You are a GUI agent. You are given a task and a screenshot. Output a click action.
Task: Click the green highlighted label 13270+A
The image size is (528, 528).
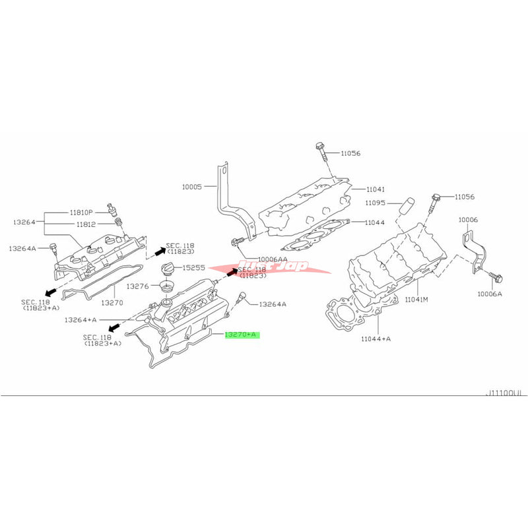coord(242,335)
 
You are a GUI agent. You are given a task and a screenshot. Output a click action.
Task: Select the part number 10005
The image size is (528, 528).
coord(193,187)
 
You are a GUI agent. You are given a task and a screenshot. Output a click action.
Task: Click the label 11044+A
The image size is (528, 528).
coord(376,339)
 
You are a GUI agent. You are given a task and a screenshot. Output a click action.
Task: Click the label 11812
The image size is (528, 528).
coord(82,224)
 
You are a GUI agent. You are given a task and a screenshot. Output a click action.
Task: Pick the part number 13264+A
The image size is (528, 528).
coord(81,319)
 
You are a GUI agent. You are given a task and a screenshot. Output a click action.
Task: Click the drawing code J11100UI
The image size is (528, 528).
coord(503,393)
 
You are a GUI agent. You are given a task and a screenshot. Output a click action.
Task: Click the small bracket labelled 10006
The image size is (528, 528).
coord(474,248)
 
